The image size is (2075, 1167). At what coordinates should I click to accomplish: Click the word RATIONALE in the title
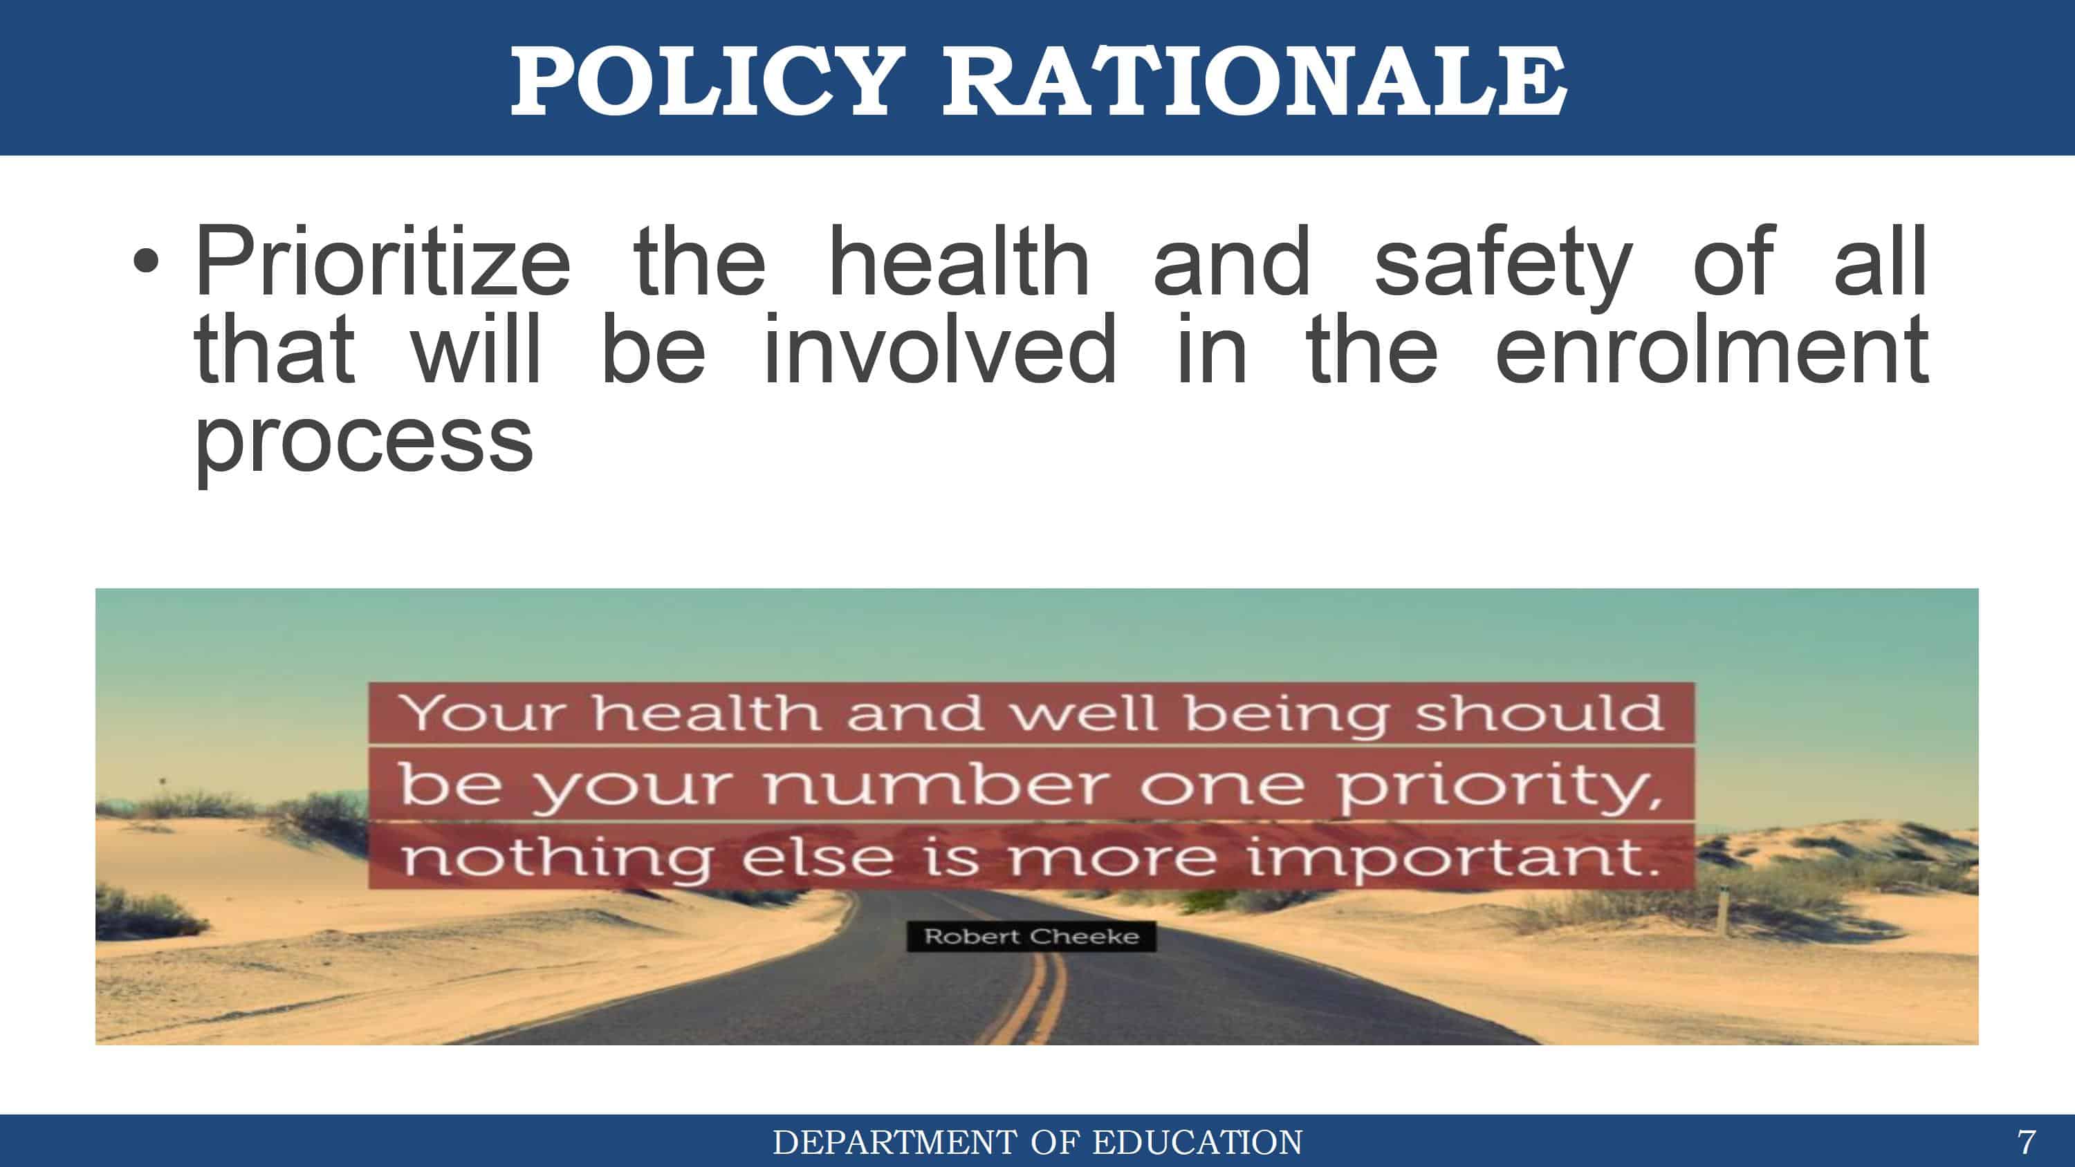1255,80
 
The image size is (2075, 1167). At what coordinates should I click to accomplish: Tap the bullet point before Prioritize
146,262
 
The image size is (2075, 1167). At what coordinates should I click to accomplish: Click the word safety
1503,268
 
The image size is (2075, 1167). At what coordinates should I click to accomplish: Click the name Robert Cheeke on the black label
1032,936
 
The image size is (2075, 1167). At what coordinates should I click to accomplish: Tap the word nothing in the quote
557,859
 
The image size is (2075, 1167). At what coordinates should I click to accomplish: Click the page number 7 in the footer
2026,1142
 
